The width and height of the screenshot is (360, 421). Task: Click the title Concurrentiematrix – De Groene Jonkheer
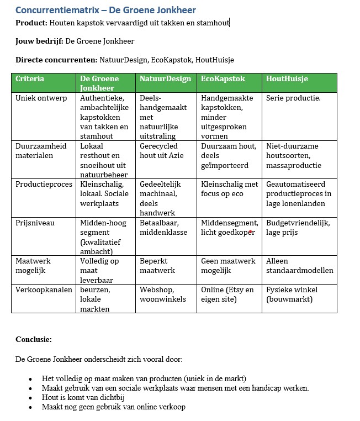[x=105, y=10]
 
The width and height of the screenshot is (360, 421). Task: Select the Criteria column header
[x=30, y=79]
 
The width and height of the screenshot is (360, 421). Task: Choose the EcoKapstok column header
[x=223, y=79]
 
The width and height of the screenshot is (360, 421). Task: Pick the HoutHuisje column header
[x=287, y=79]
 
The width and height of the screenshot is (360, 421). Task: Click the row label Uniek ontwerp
[x=41, y=98]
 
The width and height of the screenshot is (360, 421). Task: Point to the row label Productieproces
[x=44, y=184]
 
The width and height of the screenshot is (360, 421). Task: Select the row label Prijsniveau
[x=35, y=223]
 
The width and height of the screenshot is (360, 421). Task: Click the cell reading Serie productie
[x=293, y=98]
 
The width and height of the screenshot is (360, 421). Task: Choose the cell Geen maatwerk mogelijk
[x=228, y=265]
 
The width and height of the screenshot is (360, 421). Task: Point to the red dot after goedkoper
[x=251, y=231]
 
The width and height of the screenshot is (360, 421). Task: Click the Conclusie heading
[x=34, y=339]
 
